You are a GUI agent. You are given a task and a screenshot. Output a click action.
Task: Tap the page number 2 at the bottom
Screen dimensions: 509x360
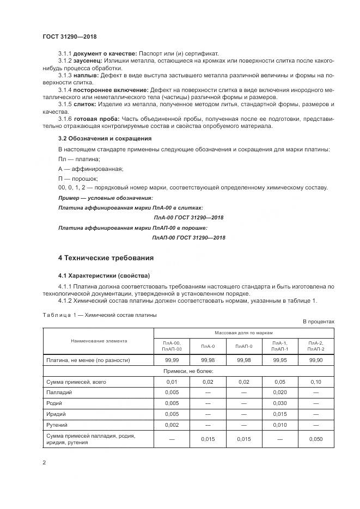point(44,462)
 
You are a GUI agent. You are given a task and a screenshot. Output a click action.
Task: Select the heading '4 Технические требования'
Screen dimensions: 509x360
point(106,257)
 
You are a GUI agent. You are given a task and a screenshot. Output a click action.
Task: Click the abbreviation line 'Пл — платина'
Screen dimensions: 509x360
point(79,159)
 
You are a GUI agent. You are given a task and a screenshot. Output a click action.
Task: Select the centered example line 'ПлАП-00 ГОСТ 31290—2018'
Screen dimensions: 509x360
point(188,237)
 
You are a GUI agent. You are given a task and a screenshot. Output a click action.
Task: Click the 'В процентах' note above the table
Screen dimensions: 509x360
point(319,322)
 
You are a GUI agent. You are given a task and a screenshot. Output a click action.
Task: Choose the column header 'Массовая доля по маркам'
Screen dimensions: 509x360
point(243,332)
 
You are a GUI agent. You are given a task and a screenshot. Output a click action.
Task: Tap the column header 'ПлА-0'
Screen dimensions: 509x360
point(208,346)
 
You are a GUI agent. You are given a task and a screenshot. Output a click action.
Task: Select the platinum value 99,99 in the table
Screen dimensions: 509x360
point(172,360)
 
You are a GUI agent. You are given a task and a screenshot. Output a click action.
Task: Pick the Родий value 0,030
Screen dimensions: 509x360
point(280,403)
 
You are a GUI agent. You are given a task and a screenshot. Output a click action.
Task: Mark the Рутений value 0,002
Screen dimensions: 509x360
point(172,424)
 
